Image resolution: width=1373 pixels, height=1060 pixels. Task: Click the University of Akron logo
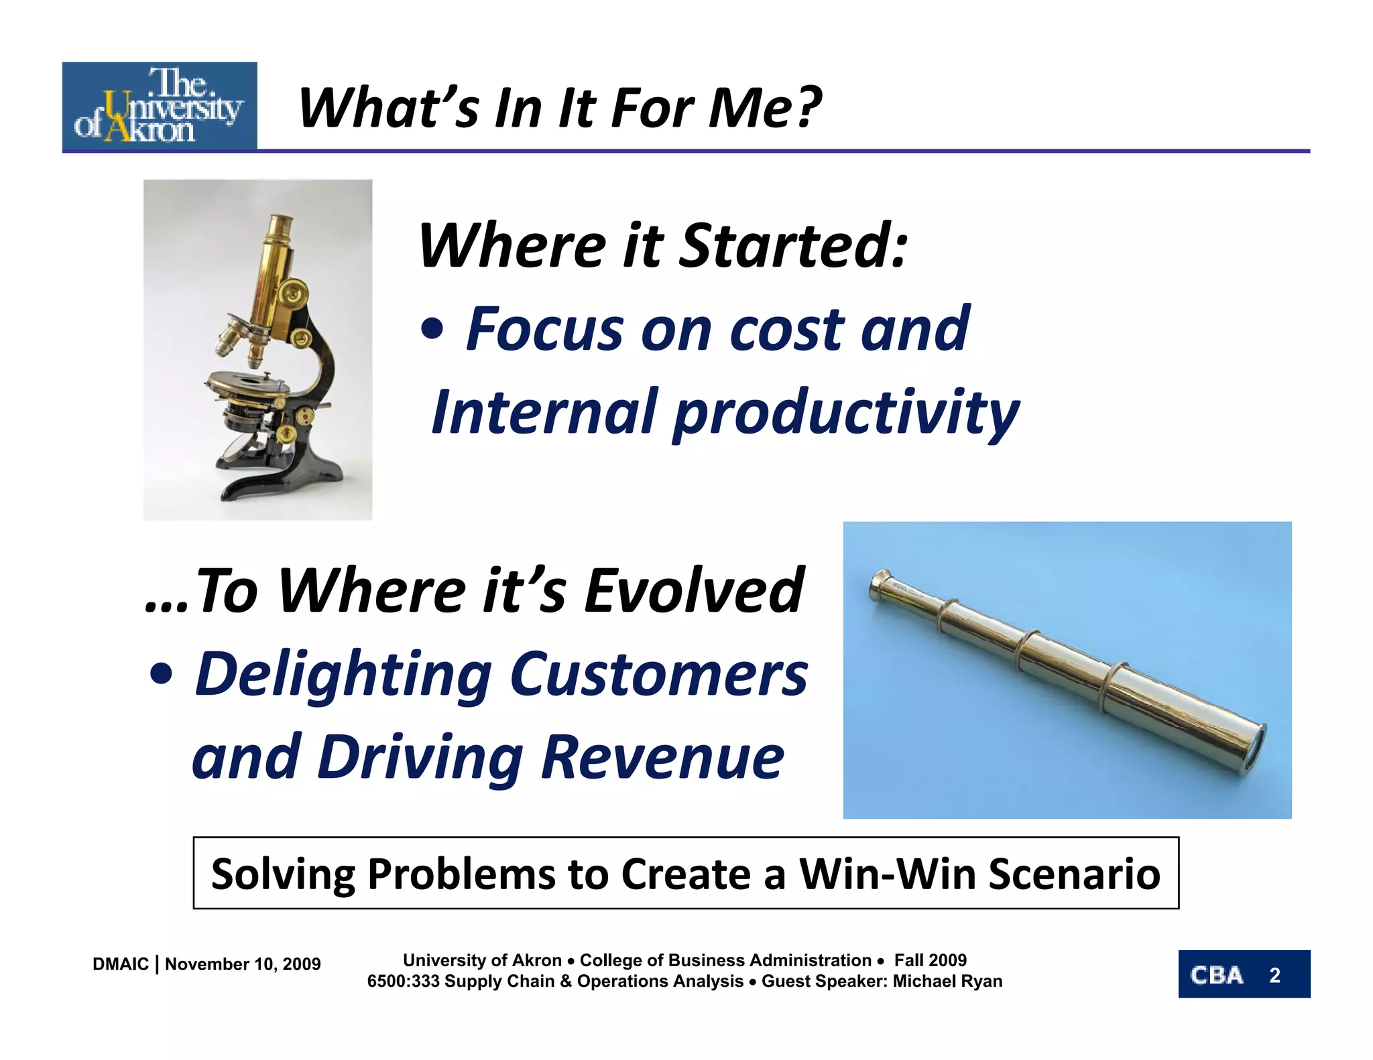pyautogui.click(x=160, y=106)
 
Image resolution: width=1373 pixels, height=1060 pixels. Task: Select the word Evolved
pyautogui.click(x=695, y=590)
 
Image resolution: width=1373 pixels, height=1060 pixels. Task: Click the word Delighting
pyautogui.click(x=343, y=675)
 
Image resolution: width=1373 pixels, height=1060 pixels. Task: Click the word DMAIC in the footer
pyautogui.click(x=121, y=964)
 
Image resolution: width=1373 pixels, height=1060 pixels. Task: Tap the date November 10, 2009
pyautogui.click(x=243, y=964)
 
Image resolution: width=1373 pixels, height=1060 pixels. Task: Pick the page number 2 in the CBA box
pyautogui.click(x=1274, y=975)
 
